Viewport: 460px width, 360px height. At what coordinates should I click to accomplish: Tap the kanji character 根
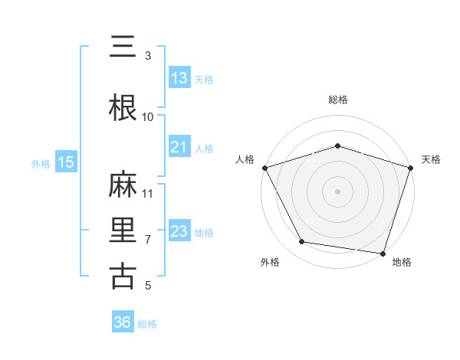point(123,108)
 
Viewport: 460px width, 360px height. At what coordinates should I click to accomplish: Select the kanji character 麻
point(123,185)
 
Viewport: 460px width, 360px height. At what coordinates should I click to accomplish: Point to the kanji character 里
point(123,231)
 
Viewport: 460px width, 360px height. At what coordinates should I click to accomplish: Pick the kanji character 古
point(123,277)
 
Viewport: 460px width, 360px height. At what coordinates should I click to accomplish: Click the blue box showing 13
point(179,78)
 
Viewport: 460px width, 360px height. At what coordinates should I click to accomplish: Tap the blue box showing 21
point(179,147)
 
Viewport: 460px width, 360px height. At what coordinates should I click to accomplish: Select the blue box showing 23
point(179,231)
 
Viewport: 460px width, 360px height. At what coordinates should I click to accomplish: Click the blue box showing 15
point(66,162)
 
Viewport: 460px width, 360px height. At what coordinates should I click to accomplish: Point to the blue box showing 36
point(123,322)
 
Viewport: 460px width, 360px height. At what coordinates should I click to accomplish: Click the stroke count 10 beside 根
point(148,116)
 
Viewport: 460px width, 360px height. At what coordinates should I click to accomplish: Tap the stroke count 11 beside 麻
point(148,193)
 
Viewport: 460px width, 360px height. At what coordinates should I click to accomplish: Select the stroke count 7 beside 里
point(148,239)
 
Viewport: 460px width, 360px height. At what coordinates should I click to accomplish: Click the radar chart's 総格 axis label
point(338,100)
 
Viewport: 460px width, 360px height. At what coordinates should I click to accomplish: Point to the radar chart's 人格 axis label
point(245,159)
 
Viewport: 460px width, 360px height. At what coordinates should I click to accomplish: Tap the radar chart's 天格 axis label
point(431,159)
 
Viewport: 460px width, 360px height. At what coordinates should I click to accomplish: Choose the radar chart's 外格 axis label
point(270,263)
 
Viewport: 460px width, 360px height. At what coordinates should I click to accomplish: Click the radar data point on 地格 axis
point(383,252)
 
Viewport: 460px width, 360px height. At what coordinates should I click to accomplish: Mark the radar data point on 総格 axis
point(338,146)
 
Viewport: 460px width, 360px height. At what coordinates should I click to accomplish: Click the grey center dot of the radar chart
point(338,191)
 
